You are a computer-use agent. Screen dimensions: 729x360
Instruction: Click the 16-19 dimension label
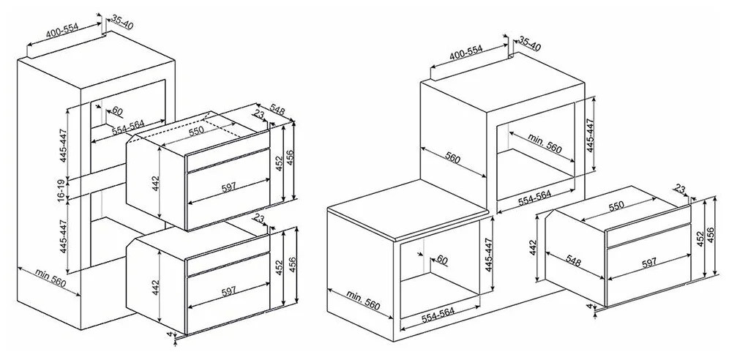(61, 190)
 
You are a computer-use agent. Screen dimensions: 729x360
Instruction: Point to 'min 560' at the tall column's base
(51, 278)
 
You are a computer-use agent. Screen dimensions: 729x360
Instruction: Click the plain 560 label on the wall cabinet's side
(452, 158)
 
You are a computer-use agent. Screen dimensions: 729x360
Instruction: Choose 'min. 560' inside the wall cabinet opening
(545, 144)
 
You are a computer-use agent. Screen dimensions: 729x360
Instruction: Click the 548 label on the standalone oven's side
(573, 260)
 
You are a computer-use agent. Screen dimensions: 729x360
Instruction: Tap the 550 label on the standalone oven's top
(616, 206)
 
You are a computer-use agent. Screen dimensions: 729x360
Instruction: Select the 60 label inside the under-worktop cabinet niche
(441, 260)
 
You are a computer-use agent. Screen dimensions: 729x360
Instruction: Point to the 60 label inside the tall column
(117, 111)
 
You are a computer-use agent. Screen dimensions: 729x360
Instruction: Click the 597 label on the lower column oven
(228, 292)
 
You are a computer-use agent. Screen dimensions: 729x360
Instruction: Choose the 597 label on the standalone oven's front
(649, 263)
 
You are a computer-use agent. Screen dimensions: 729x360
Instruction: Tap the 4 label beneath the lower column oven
(169, 334)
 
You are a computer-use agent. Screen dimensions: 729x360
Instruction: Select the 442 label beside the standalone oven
(533, 247)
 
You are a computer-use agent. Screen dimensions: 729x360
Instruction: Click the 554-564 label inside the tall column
(128, 127)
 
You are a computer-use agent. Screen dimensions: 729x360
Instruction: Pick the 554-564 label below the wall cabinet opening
(534, 198)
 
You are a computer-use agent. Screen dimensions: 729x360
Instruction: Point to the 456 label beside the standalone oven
(711, 236)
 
